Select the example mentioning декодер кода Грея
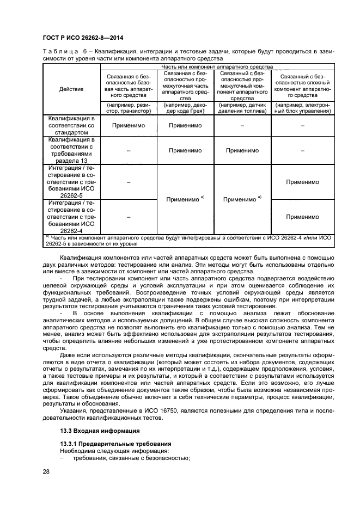(185, 107)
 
